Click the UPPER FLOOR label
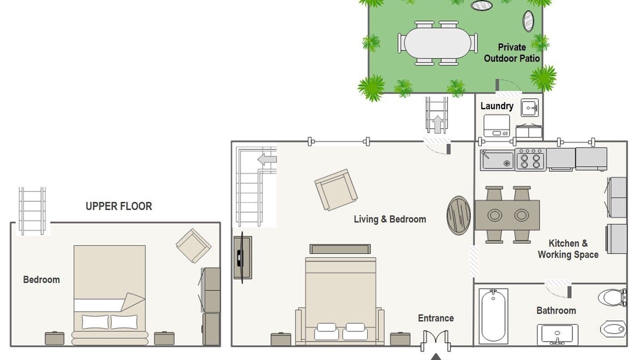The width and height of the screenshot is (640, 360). (x=119, y=206)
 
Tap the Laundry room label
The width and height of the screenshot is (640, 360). (x=497, y=106)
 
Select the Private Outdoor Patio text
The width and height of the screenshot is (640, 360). (x=511, y=53)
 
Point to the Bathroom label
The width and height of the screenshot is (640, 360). (x=556, y=310)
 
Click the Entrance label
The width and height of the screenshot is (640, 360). (x=435, y=318)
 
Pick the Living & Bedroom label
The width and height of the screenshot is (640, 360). (x=390, y=219)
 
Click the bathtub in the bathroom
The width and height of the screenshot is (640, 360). (x=493, y=316)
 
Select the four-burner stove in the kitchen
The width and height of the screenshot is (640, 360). (x=530, y=159)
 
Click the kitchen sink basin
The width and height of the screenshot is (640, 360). (x=497, y=160)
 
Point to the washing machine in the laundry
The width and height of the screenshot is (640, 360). (x=496, y=125)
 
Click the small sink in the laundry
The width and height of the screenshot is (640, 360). (x=529, y=107)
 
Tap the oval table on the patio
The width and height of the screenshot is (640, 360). (x=437, y=43)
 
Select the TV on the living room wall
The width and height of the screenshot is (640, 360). (x=242, y=257)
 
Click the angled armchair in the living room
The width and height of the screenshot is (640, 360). (x=336, y=189)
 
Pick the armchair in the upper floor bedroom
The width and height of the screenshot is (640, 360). (x=193, y=245)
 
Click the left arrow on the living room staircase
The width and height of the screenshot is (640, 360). (x=267, y=159)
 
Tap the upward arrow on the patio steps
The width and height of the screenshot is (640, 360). (x=437, y=124)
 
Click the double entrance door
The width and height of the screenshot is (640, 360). (x=435, y=340)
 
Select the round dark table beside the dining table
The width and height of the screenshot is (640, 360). (x=458, y=215)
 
